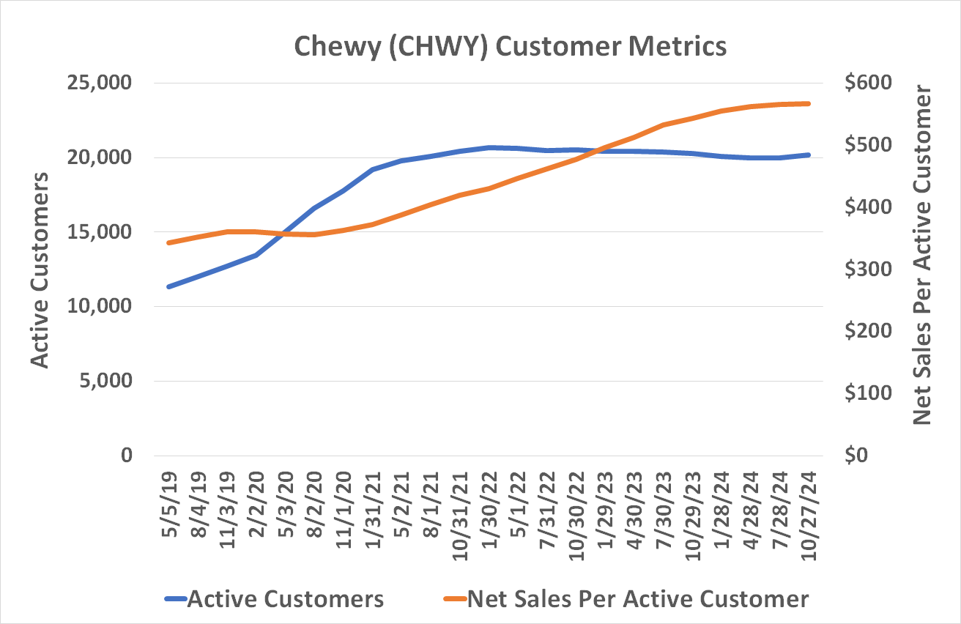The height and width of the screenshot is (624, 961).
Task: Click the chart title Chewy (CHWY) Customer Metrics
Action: (511, 46)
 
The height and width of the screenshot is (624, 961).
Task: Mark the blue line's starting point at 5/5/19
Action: (170, 286)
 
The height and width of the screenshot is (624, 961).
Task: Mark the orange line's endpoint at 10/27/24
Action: (809, 103)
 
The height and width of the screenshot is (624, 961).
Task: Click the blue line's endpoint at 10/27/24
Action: (809, 155)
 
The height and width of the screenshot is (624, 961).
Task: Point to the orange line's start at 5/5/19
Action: (170, 242)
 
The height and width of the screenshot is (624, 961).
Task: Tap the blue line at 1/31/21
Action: (373, 169)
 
